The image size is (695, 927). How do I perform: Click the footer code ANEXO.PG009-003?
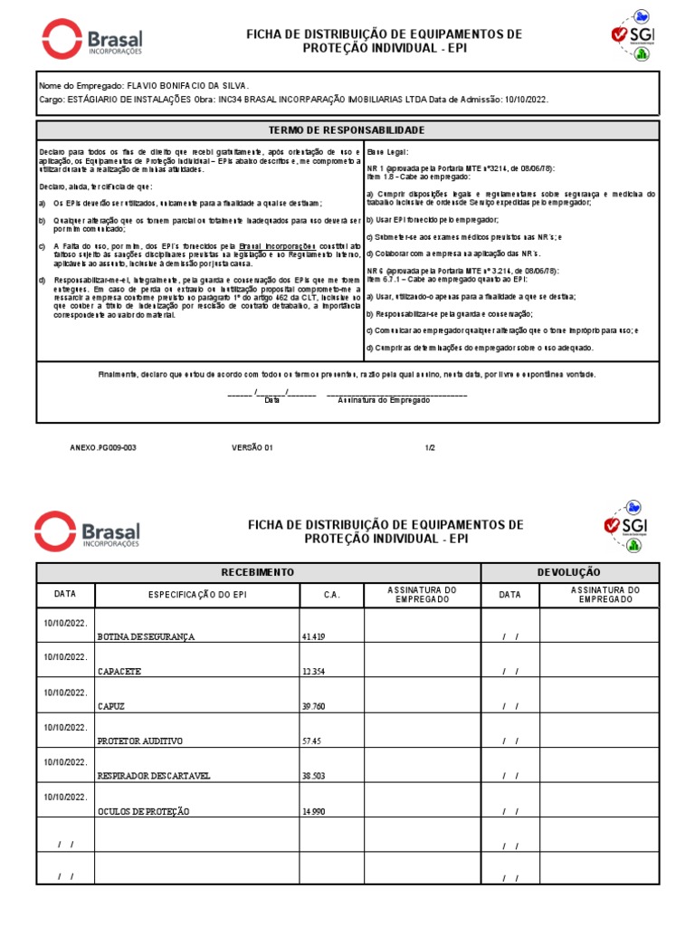click(x=103, y=447)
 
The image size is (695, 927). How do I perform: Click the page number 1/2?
click(x=430, y=447)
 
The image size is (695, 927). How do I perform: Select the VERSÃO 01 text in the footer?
click(x=252, y=447)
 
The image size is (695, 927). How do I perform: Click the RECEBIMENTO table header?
click(x=258, y=573)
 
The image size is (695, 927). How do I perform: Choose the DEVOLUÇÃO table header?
click(x=568, y=573)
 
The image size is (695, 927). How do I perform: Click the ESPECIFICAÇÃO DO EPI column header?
click(x=197, y=595)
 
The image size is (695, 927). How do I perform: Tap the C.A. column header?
click(x=331, y=595)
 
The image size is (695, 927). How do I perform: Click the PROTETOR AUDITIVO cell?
click(x=139, y=741)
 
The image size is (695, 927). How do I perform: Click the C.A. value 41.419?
click(x=313, y=636)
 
